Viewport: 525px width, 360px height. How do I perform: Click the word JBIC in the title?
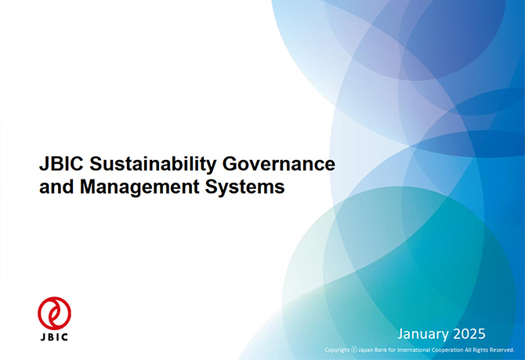(61, 164)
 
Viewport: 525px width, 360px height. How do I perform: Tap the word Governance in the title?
(279, 164)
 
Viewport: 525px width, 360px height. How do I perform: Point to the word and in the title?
(56, 187)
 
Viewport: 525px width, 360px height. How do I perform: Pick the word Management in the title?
(139, 187)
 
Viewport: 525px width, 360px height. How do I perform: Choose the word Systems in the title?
(244, 187)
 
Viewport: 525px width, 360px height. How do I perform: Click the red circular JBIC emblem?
(54, 313)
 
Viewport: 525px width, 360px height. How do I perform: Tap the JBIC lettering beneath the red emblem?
(54, 337)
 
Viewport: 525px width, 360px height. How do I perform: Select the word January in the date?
(423, 334)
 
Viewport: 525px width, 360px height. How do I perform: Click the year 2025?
(469, 334)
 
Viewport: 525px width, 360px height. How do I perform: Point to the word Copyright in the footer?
(337, 350)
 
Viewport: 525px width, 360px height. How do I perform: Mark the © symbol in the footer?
(354, 350)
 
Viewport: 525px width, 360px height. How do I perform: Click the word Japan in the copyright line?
(366, 351)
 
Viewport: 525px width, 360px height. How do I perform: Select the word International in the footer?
(412, 350)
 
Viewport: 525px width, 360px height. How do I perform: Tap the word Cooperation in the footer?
(446, 351)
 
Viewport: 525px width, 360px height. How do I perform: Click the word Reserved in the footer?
(502, 350)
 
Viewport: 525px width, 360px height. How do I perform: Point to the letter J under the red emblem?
(43, 337)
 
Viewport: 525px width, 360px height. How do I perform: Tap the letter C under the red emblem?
(65, 337)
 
